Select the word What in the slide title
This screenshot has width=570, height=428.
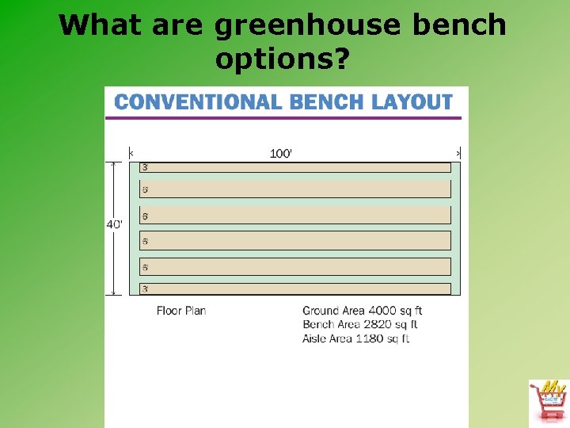[97, 25]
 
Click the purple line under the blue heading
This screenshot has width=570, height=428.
[283, 118]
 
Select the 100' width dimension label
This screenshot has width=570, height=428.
[281, 153]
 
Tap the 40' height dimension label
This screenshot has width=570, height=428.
[115, 224]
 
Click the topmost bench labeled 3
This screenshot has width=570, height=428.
[295, 167]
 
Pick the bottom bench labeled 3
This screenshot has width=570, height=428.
[295, 289]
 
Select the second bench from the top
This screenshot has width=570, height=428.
[295, 189]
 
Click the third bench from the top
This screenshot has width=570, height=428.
[295, 215]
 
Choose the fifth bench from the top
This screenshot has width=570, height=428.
[295, 266]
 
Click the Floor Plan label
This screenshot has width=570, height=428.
[181, 311]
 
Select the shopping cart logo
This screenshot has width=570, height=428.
[549, 400]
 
